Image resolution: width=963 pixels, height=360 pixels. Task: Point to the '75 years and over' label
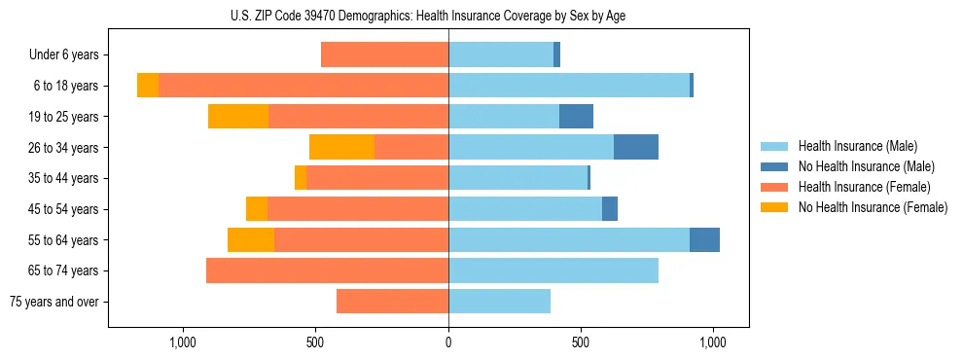[x=53, y=302]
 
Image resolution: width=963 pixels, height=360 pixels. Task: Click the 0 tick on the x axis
[x=448, y=342]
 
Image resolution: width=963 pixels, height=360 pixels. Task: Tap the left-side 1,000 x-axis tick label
[x=183, y=342]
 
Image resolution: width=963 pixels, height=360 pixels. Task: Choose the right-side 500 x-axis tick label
[x=581, y=342]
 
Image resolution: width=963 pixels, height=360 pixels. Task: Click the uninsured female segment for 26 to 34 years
[x=341, y=147]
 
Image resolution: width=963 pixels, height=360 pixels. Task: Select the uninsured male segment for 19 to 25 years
[x=576, y=117]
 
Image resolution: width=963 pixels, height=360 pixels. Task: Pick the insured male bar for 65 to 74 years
[x=553, y=270]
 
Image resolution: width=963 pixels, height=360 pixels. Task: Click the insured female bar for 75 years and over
[x=392, y=302]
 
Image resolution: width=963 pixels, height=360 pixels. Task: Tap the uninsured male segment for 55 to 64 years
[x=704, y=239]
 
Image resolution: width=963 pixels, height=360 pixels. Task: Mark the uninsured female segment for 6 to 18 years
[x=148, y=86]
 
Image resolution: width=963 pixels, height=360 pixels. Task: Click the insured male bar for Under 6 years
[x=501, y=55]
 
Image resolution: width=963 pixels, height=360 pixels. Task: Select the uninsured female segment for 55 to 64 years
[x=251, y=239]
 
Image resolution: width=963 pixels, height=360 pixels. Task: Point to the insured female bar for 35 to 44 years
[x=377, y=178]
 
